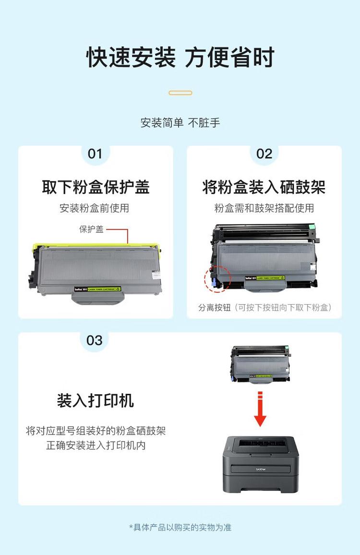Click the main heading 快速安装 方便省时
click(x=180, y=58)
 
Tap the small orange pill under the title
click(x=180, y=93)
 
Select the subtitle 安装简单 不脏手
click(x=180, y=123)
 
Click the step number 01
click(x=95, y=154)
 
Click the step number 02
click(x=264, y=154)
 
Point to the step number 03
click(x=95, y=340)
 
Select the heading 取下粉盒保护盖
click(x=96, y=187)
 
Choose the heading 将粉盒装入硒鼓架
click(x=264, y=187)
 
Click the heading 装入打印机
click(x=96, y=401)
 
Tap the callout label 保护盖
click(x=91, y=229)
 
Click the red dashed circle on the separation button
click(x=217, y=278)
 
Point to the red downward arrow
click(x=260, y=409)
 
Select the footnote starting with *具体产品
click(x=180, y=527)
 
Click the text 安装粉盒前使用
click(x=95, y=208)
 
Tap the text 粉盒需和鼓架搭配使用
click(x=264, y=208)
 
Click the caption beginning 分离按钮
click(x=265, y=307)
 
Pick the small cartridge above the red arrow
click(x=261, y=365)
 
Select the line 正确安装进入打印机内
click(x=96, y=446)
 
